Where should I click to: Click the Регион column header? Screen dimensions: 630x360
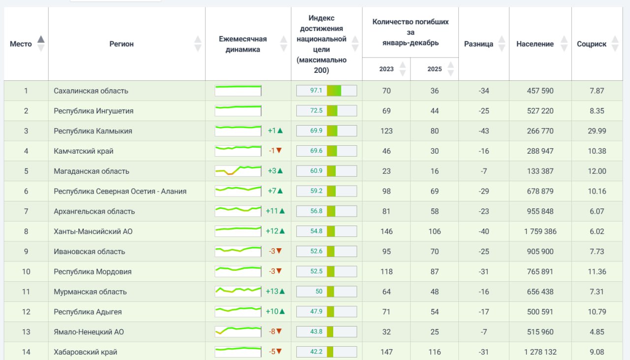(x=121, y=44)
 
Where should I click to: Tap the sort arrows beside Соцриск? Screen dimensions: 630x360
(x=615, y=44)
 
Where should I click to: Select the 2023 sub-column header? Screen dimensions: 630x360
(x=386, y=69)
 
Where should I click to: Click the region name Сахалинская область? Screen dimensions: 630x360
(x=91, y=91)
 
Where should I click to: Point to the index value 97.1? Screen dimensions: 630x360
(x=316, y=90)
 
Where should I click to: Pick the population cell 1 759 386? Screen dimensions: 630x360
(x=540, y=231)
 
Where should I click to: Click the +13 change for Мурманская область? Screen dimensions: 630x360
(x=275, y=292)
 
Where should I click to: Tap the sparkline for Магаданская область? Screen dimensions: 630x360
(x=238, y=171)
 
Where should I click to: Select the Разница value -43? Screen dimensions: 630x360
(x=484, y=131)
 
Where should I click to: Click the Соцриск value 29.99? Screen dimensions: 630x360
(x=597, y=131)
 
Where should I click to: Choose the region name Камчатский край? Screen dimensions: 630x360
(x=84, y=151)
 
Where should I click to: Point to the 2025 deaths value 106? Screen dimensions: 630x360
(x=435, y=231)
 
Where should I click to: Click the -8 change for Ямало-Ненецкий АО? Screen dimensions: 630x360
(x=275, y=331)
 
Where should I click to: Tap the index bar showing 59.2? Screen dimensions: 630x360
(x=326, y=191)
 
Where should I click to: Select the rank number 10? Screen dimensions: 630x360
(x=26, y=272)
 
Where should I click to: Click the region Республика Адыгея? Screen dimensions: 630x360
(x=88, y=312)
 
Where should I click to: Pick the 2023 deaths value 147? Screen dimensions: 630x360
(x=386, y=352)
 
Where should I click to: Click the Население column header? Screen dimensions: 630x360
(x=535, y=44)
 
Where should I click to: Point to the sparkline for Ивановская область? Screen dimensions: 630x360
(x=238, y=251)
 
